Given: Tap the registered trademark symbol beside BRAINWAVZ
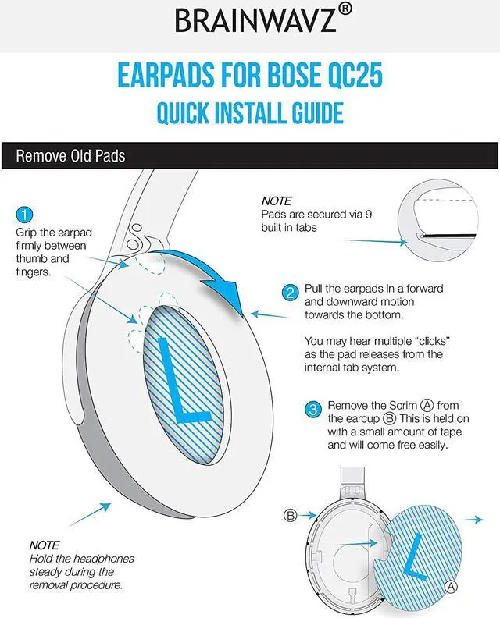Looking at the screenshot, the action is coord(345,9).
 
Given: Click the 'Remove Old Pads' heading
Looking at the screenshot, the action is coord(70,155).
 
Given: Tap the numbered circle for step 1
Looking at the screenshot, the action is coord(24,215).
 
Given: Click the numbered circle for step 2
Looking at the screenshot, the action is coord(290,293).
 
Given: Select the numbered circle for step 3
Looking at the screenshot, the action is coord(312,409).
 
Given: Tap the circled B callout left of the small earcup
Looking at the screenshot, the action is coord(290,515).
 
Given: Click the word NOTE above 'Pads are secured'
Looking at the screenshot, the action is coord(277,201).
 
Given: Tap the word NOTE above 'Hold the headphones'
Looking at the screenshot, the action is coord(44,545).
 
